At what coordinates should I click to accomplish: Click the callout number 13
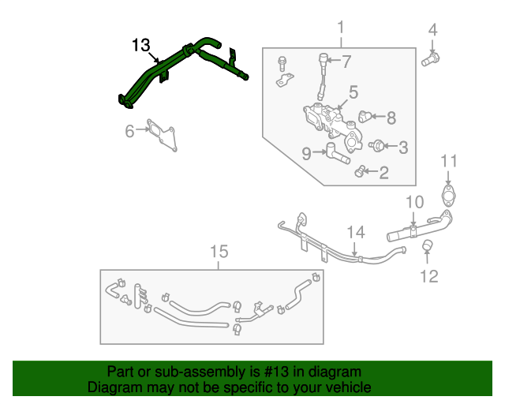coord(140,46)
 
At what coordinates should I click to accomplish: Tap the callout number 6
coord(129,132)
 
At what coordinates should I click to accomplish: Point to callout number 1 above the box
coord(341,30)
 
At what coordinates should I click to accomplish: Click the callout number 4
coord(432,32)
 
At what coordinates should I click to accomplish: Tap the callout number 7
coord(346,61)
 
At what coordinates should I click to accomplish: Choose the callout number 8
coord(391,118)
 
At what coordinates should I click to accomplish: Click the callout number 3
coord(402,146)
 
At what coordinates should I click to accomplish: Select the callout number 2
coord(383,173)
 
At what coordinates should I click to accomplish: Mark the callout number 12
coord(428,276)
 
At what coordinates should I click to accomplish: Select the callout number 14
coord(357,232)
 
